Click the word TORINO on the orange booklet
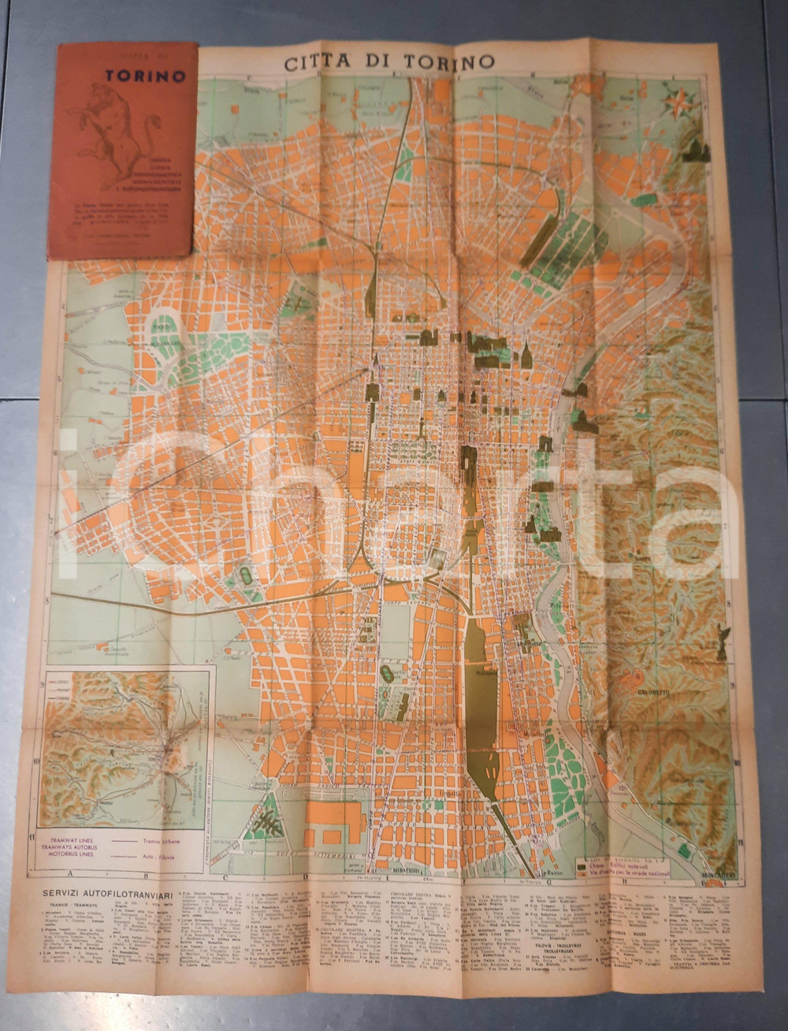[x=146, y=76]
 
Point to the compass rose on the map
[x=679, y=102]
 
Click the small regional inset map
[x=126, y=737]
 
